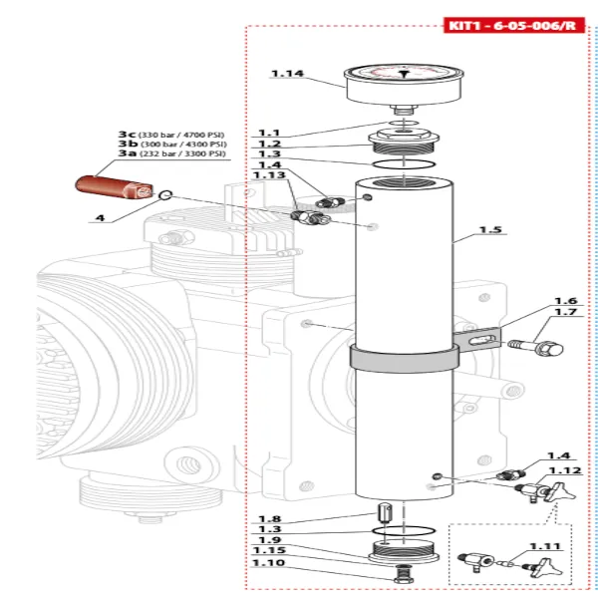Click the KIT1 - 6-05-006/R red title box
click(512, 25)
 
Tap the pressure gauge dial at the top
click(404, 80)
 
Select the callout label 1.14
click(287, 73)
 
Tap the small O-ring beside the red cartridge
click(166, 195)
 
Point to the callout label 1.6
click(566, 301)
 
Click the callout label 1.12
click(565, 469)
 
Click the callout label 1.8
click(269, 517)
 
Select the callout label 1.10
click(269, 563)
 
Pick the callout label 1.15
click(269, 550)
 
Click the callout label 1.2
click(269, 143)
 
